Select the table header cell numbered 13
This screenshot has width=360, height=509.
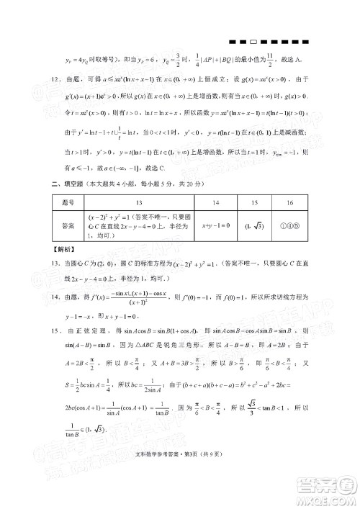tap(138, 203)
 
